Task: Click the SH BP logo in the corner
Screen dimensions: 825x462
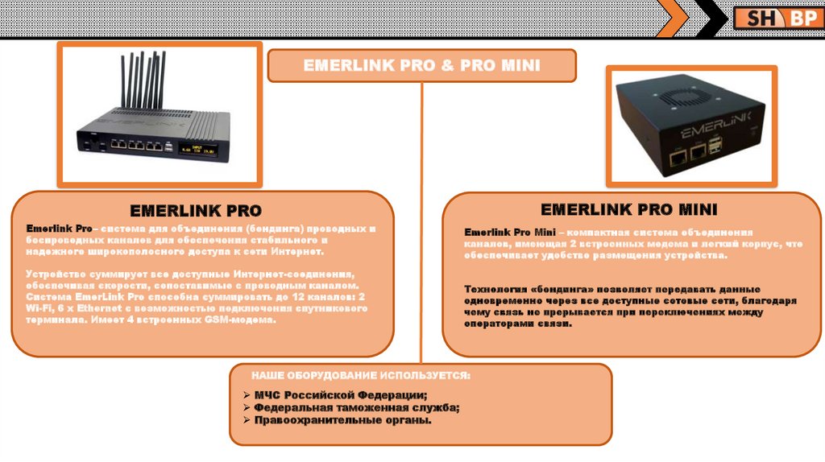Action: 777,18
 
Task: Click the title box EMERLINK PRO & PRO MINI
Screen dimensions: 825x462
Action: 421,66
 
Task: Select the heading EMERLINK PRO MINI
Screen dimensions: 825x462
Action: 628,210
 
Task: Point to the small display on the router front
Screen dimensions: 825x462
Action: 198,148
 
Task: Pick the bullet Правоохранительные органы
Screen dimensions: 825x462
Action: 343,420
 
